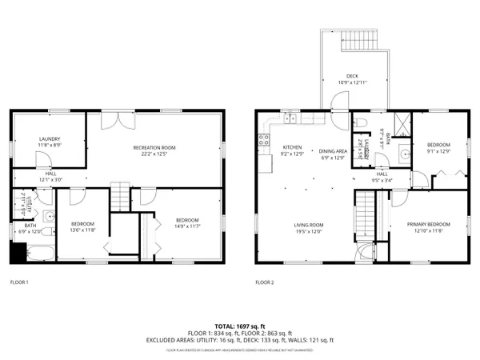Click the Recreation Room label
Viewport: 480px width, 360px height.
coord(154,148)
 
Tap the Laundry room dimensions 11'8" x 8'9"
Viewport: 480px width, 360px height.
coord(50,145)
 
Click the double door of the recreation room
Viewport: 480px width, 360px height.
coord(118,120)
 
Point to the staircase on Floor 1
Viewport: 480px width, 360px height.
coord(119,192)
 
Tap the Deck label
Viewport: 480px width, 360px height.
coord(352,77)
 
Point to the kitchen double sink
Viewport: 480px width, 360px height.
coord(292,119)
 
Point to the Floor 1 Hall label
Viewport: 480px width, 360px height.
coord(50,174)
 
